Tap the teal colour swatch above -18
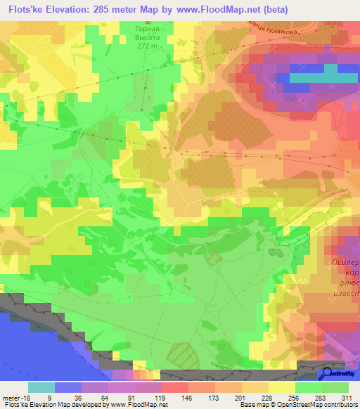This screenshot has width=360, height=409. tap(41, 387)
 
